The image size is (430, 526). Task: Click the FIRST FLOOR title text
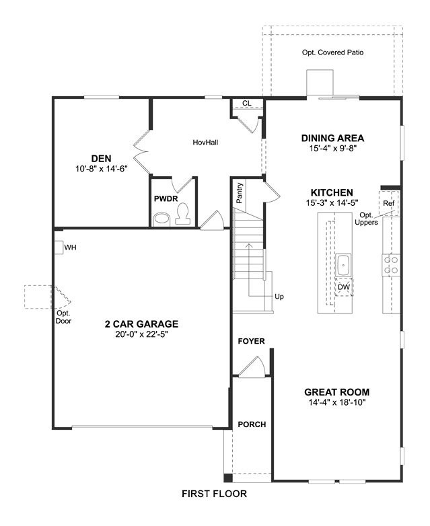(214, 494)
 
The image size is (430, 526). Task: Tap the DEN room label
(102, 158)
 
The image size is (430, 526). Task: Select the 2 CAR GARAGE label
(142, 324)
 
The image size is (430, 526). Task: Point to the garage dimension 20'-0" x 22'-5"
(142, 334)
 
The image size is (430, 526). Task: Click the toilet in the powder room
(182, 215)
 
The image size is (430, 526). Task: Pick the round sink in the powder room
(162, 219)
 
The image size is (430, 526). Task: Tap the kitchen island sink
(343, 265)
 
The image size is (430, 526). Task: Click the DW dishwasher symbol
(344, 287)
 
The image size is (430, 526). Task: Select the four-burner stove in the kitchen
(391, 265)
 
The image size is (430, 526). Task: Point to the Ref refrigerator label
(389, 203)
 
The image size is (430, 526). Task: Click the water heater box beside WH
(59, 248)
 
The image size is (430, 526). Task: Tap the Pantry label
(240, 193)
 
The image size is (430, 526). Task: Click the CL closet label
(247, 104)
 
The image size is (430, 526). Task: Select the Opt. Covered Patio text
(332, 52)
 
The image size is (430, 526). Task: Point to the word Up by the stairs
(279, 297)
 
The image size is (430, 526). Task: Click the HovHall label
(205, 143)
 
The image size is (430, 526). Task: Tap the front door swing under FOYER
(252, 367)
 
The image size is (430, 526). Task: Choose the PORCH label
(252, 424)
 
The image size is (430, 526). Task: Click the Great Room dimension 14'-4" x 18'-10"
(337, 402)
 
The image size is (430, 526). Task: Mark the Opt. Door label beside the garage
(63, 317)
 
